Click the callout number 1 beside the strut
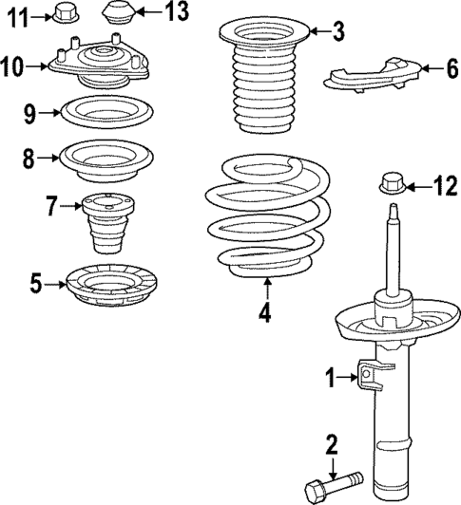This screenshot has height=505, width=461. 332,379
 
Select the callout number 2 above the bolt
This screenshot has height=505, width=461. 332,443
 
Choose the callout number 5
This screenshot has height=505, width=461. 34,281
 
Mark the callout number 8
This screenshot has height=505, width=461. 29,159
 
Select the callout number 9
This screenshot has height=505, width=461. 29,115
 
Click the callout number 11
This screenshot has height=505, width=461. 16,14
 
